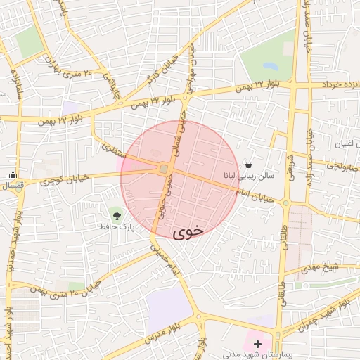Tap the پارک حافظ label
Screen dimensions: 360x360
coord(116,227)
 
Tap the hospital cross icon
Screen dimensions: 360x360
coord(257,344)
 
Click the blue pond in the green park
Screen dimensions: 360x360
coord(270,66)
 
